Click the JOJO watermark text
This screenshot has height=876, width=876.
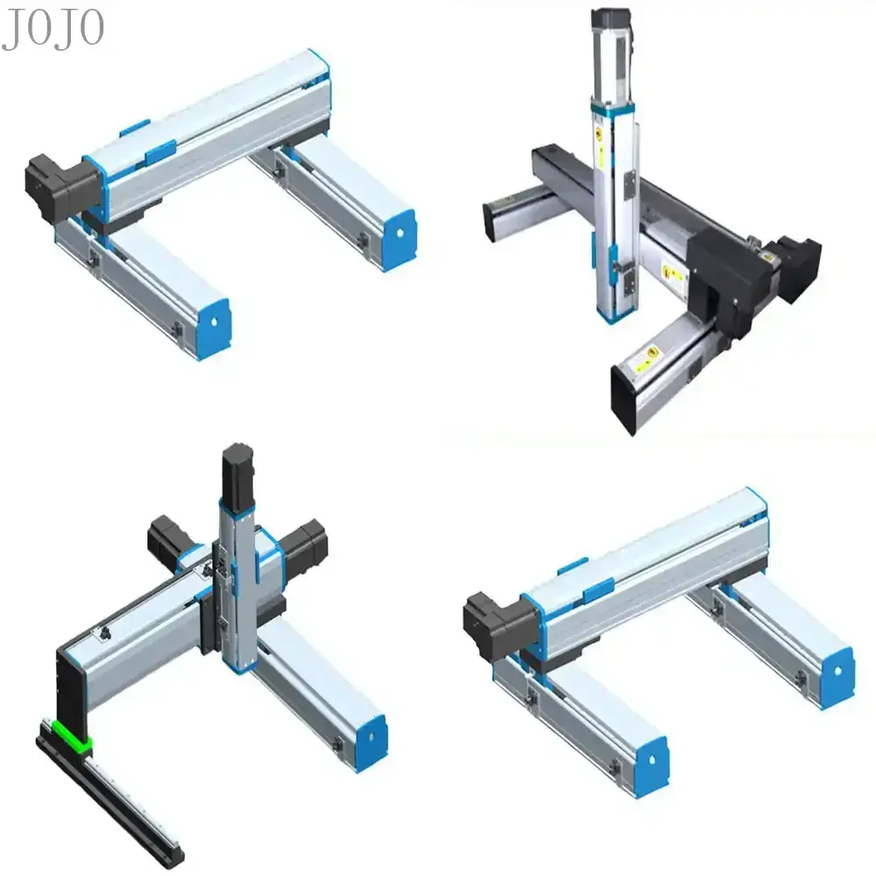click(52, 29)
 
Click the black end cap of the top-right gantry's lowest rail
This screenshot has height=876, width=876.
click(628, 397)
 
